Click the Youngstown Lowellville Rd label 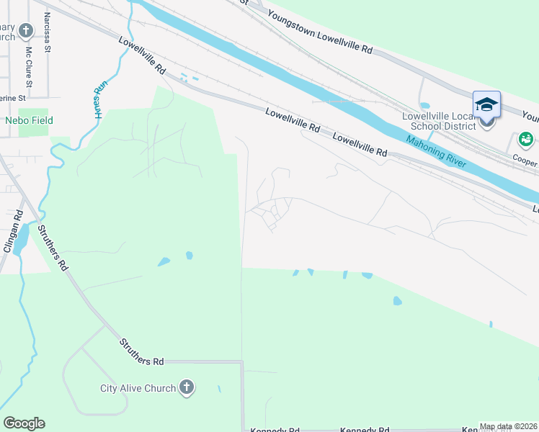(319, 32)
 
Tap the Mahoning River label (435, 150)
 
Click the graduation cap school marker (486, 105)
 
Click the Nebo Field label (29, 120)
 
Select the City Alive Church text (138, 388)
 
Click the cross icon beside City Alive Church (186, 388)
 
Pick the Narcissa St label (48, 32)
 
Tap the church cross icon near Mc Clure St (26, 31)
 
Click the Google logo (24, 423)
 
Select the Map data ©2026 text (508, 426)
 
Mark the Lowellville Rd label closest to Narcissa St (143, 58)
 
